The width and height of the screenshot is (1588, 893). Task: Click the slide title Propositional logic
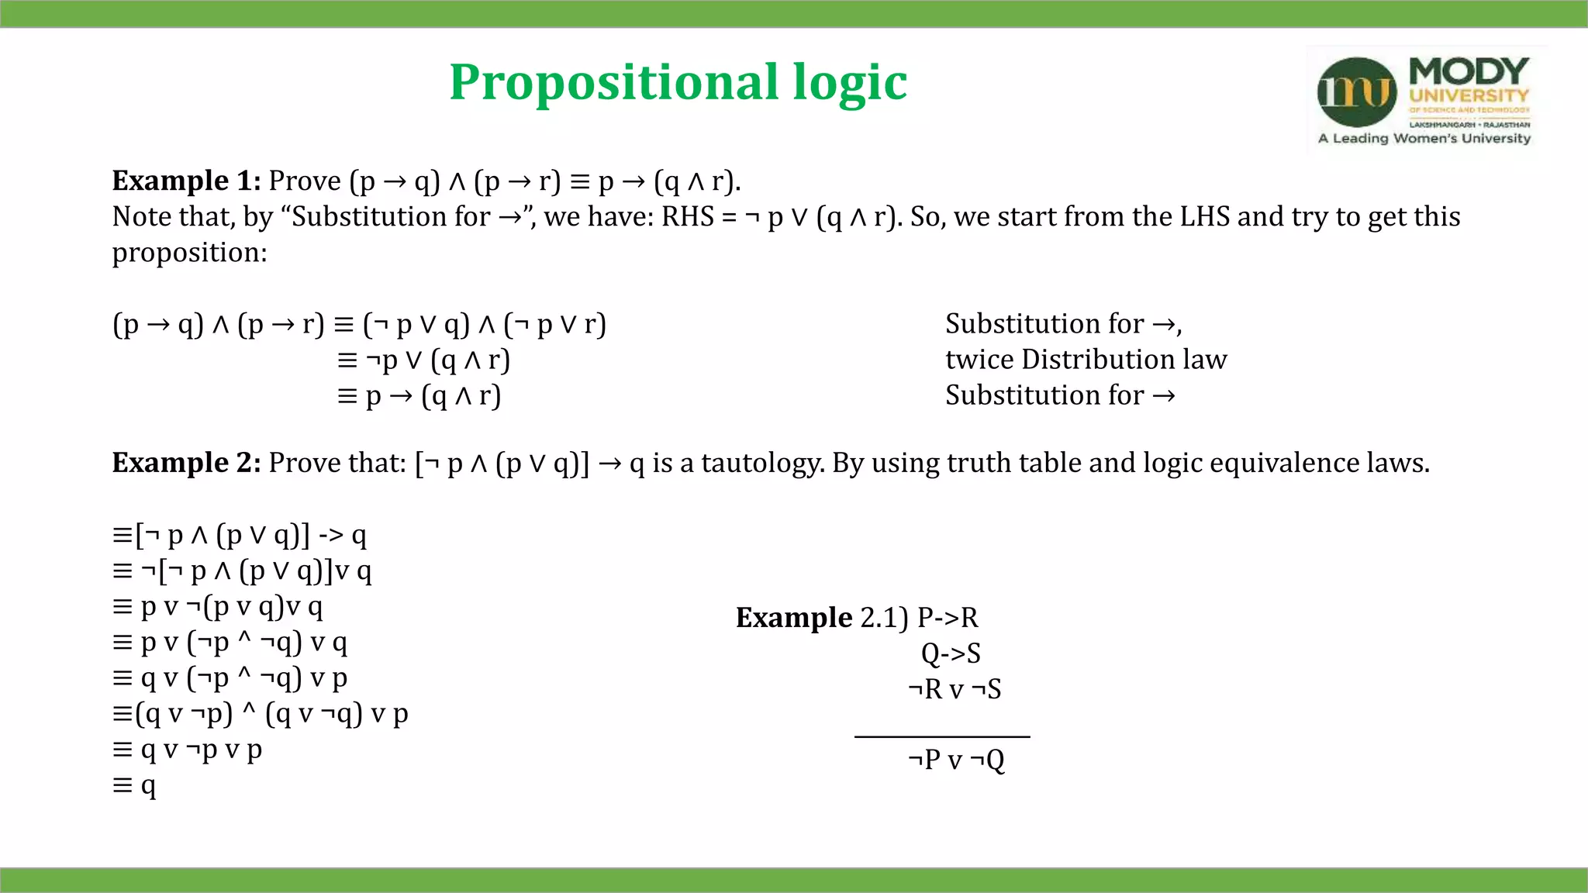(678, 82)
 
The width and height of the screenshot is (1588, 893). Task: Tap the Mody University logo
(1425, 100)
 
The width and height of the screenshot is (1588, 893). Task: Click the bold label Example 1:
(186, 181)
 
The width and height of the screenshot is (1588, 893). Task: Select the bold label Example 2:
(186, 463)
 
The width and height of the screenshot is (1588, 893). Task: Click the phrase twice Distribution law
(1086, 360)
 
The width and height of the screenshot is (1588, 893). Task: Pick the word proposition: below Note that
(189, 253)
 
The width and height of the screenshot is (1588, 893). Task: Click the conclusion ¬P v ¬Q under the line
(956, 760)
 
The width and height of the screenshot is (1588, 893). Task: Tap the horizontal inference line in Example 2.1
(942, 736)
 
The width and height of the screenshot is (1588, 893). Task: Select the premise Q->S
(951, 653)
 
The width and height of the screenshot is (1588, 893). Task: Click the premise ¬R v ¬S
(955, 689)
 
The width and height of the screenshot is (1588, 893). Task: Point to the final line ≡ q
(134, 785)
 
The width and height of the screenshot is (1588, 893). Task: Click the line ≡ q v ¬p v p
(187, 750)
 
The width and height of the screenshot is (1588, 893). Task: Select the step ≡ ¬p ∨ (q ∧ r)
(423, 360)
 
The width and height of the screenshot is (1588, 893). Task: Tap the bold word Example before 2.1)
(794, 618)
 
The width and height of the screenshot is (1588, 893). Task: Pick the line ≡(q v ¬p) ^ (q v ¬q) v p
(260, 714)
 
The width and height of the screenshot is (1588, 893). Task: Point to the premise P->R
(948, 618)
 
